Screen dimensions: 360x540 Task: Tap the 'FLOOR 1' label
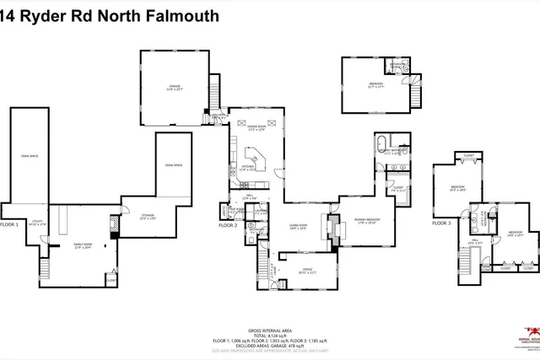[x=9, y=225]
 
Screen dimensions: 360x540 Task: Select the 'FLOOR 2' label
[x=228, y=225]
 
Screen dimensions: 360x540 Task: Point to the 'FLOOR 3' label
[x=442, y=223]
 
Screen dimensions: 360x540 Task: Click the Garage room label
[x=175, y=87]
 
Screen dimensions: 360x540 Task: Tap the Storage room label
[x=148, y=217]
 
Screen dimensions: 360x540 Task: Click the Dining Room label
[x=257, y=128]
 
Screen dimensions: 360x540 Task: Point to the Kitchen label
[x=248, y=168]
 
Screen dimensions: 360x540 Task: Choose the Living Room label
[x=298, y=225]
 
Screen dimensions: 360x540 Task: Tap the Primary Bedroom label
[x=364, y=220]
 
